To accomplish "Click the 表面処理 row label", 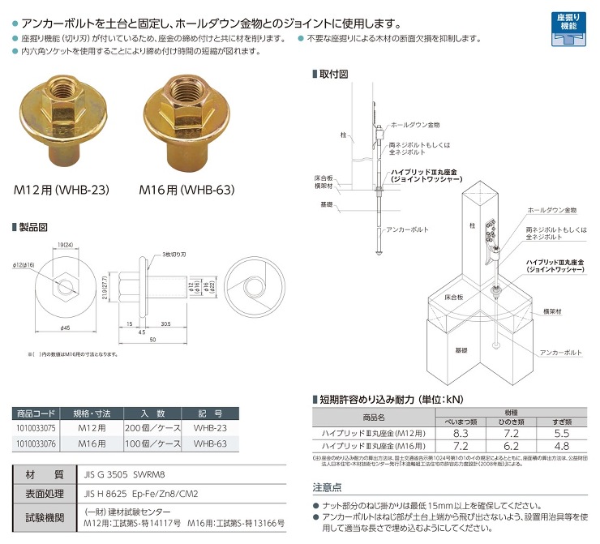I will pyautogui.click(x=45, y=493).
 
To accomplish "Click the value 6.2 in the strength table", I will pyautogui.click(x=509, y=446).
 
